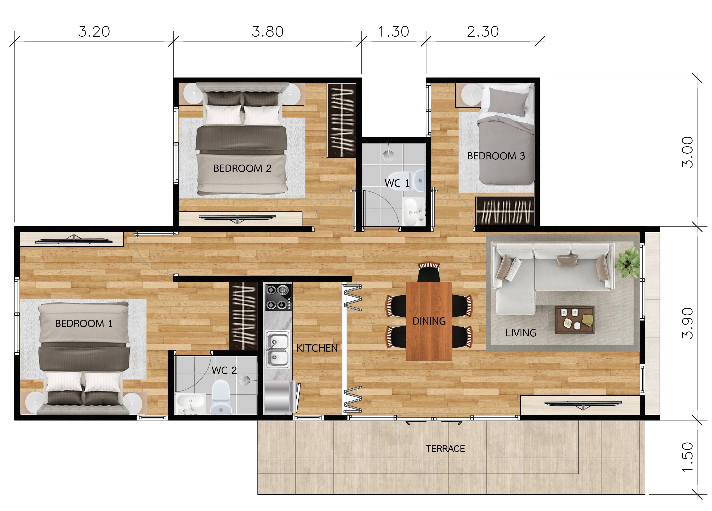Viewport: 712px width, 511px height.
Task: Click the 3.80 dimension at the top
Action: pos(268,32)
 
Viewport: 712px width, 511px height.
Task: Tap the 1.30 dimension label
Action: pos(394,32)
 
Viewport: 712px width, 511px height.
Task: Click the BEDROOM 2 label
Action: pos(242,168)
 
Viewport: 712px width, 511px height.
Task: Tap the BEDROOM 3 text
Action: pos(496,156)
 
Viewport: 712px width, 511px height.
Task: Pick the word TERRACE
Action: pos(446,449)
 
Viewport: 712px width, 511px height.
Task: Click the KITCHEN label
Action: pos(317,348)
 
